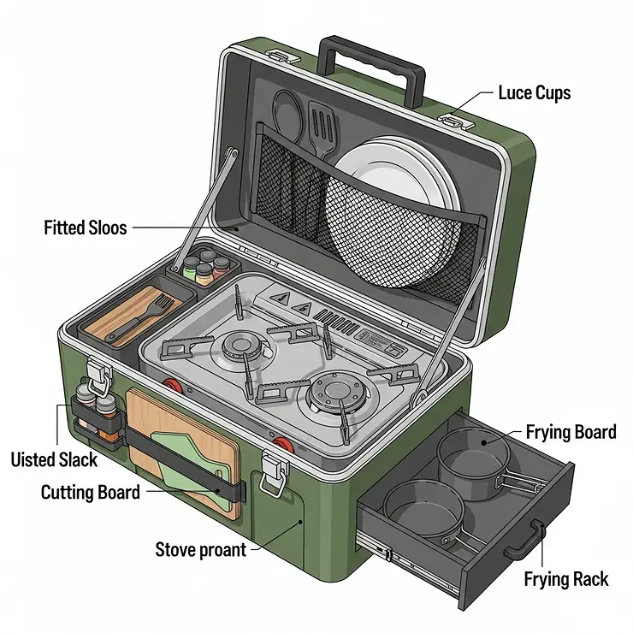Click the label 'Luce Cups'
click(533, 92)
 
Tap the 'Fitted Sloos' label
click(85, 228)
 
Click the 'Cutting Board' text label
click(91, 493)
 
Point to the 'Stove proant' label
click(200, 548)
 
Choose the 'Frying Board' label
click(571, 432)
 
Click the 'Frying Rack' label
click(565, 580)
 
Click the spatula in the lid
click(323, 128)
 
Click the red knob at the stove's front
click(283, 446)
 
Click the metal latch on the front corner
click(273, 474)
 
